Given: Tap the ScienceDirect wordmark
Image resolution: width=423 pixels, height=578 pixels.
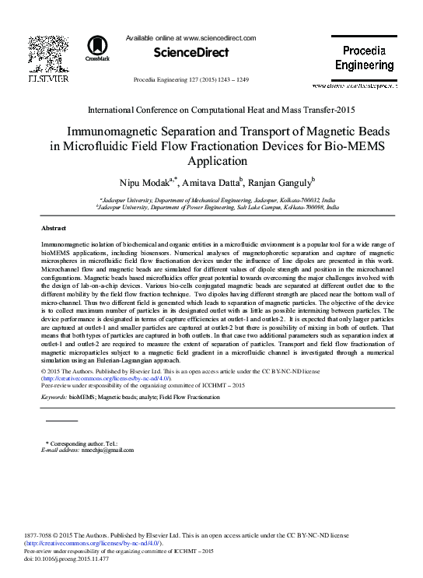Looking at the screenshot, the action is pyautogui.click(x=191, y=53).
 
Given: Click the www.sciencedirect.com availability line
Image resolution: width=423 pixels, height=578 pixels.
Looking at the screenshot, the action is pyautogui.click(x=191, y=36).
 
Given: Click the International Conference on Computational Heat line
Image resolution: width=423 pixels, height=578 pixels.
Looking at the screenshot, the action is pyautogui.click(x=210, y=111).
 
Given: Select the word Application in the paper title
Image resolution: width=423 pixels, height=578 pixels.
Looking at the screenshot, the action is pyautogui.click(x=211, y=162).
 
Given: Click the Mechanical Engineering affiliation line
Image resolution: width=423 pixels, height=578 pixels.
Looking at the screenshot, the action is pyautogui.click(x=211, y=200).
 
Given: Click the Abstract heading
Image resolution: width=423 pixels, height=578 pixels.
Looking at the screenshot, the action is pyautogui.click(x=54, y=229).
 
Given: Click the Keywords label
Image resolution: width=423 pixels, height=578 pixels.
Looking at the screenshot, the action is pyautogui.click(x=54, y=397).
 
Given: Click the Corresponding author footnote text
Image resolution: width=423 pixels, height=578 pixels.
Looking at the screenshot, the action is pyautogui.click(x=77, y=443).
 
